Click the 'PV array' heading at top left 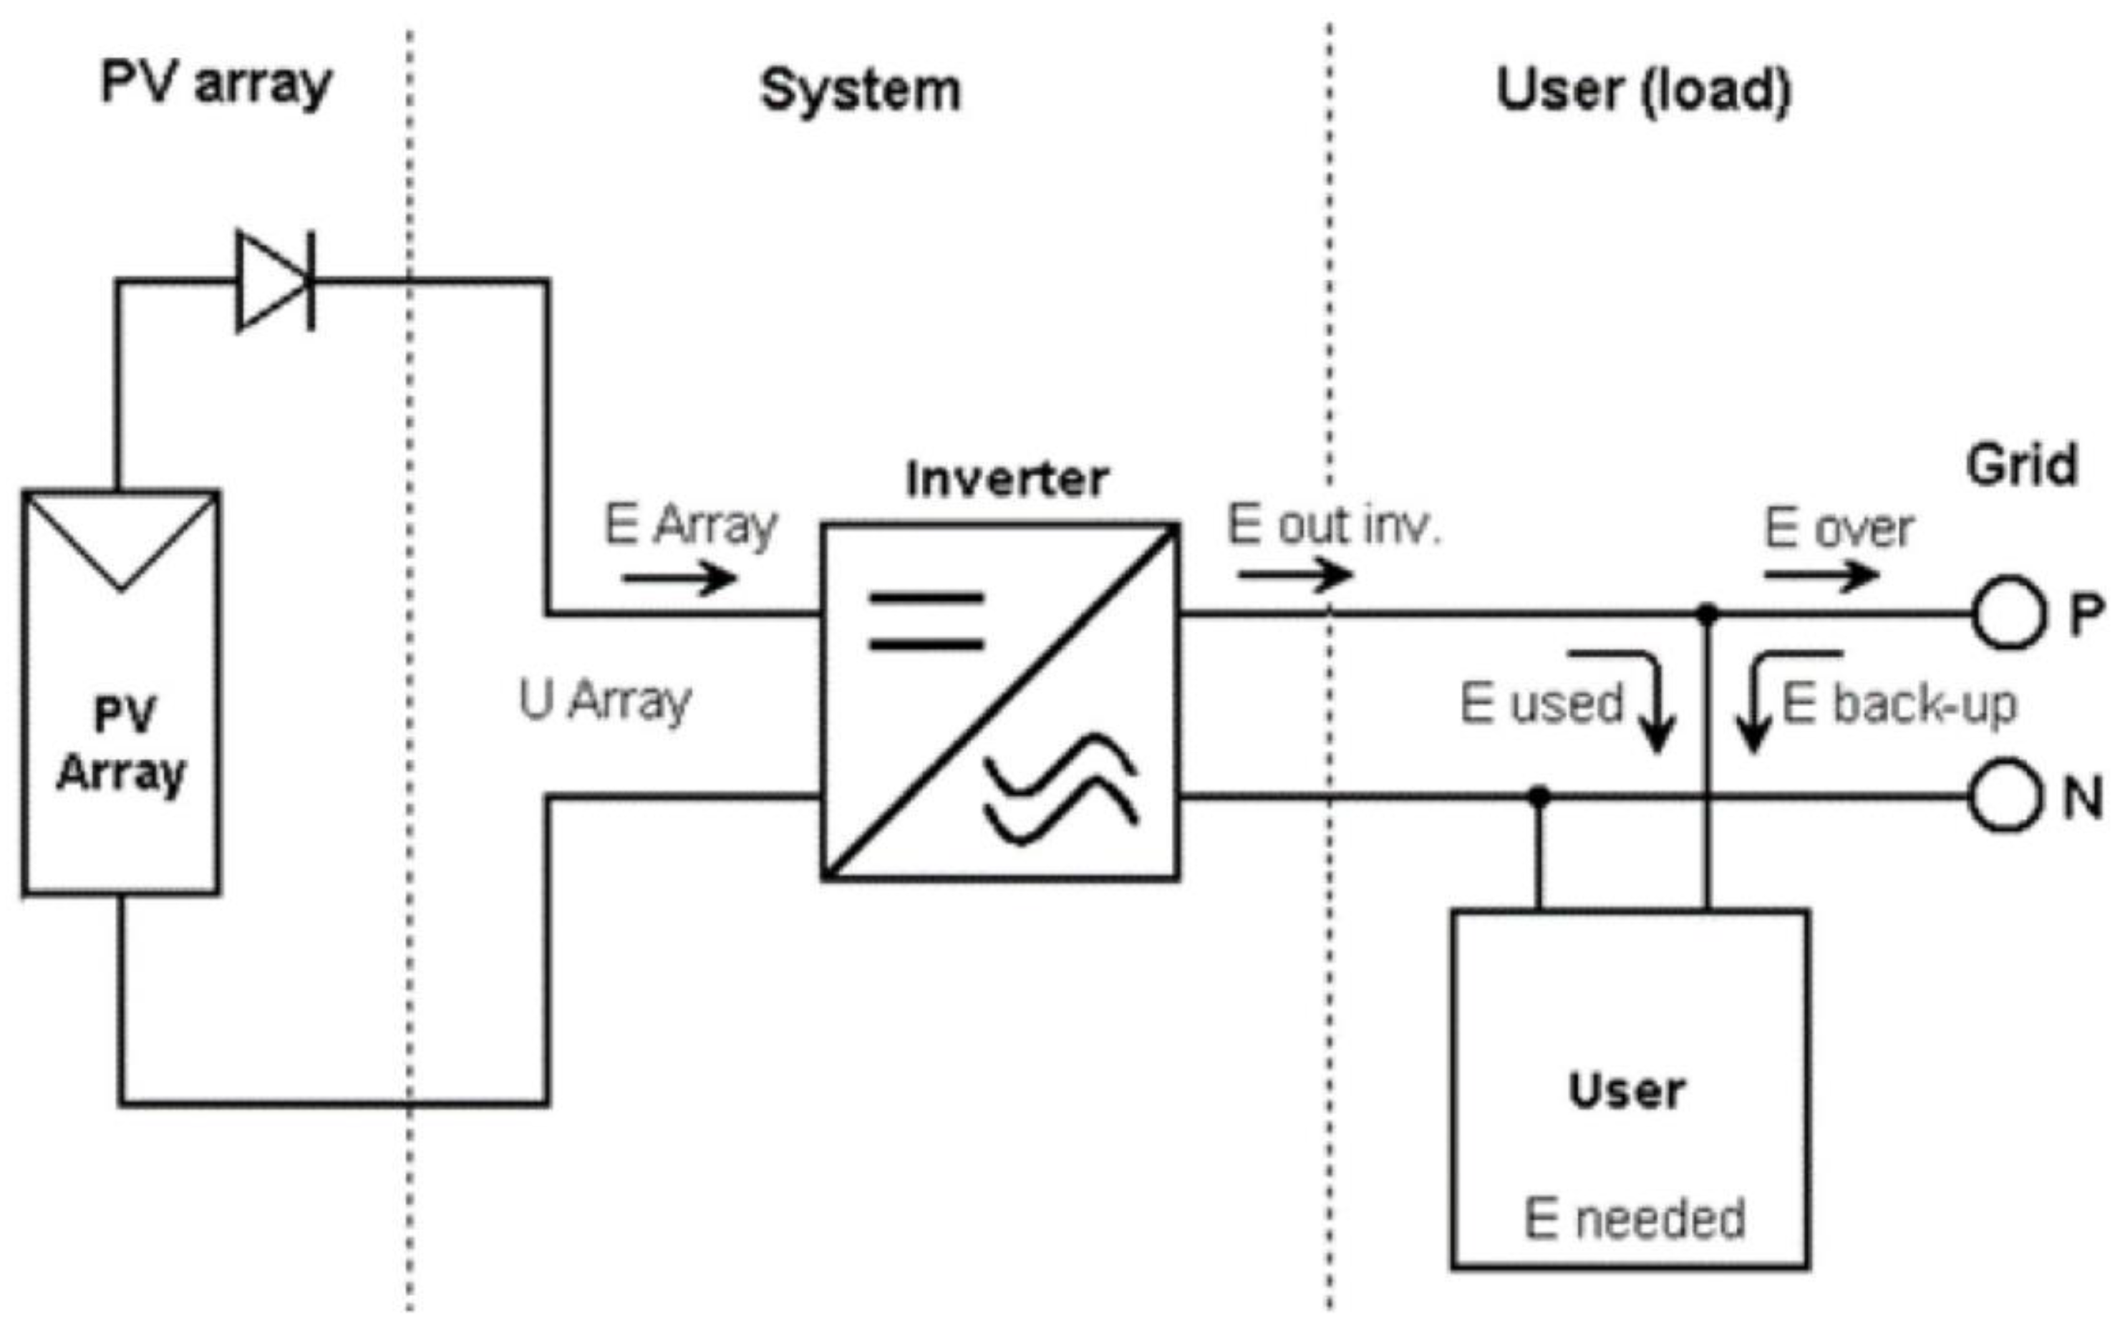coord(216,84)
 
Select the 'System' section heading coord(860,91)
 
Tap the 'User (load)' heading coord(1643,91)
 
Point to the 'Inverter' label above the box coord(1006,480)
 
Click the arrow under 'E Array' coord(679,579)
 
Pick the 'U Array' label coord(606,702)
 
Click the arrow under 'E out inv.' coord(1294,575)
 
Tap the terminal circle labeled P coord(2008,613)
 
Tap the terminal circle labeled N coord(2005,795)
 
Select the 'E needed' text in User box coord(1635,1219)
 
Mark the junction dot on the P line coord(1707,614)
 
